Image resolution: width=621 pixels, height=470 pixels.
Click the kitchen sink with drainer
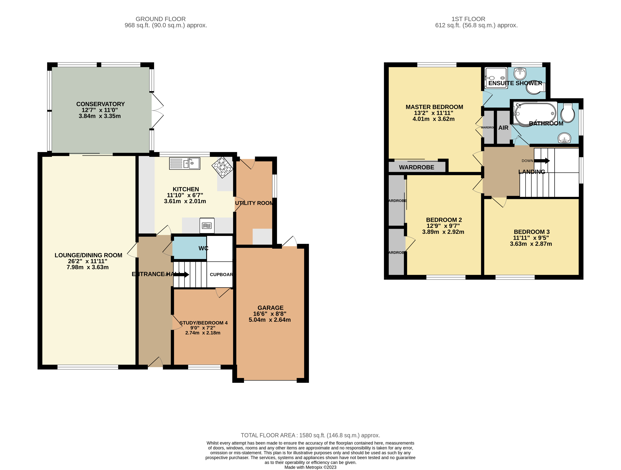[x=185, y=164]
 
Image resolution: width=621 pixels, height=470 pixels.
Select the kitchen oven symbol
[x=207, y=226]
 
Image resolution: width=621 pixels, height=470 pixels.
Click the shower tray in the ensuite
[x=496, y=78]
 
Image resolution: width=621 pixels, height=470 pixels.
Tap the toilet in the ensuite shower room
[x=535, y=88]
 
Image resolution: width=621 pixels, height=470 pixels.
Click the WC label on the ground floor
[x=203, y=248]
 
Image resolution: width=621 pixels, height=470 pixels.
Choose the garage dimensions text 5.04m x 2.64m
[x=270, y=320]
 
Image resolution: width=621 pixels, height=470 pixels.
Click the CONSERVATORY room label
[x=100, y=104]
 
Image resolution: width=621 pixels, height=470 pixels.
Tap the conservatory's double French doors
[x=157, y=111]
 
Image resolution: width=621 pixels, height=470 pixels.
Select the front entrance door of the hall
[x=155, y=362]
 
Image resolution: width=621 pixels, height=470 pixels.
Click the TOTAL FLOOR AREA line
[x=310, y=435]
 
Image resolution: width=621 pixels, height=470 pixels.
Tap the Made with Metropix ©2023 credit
[x=310, y=467]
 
